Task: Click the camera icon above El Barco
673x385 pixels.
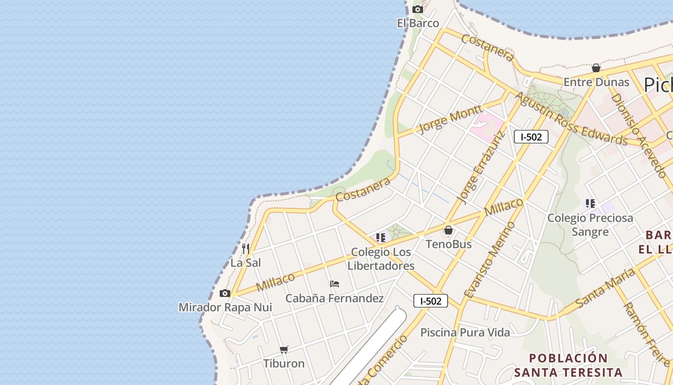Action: pos(417,9)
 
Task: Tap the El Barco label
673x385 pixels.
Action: pos(418,23)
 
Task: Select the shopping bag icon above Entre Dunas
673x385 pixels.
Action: pos(596,68)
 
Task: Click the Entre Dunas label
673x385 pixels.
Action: pos(596,82)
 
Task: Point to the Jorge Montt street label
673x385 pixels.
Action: pos(450,118)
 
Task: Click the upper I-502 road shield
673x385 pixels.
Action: pos(531,137)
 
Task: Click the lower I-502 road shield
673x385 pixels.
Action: pos(431,301)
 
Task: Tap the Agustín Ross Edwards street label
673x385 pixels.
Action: pos(571,119)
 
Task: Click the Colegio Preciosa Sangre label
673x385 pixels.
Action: pos(590,225)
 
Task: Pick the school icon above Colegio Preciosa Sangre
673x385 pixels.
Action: pos(590,204)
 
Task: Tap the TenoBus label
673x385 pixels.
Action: pos(449,244)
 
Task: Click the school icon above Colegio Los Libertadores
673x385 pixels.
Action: pos(381,237)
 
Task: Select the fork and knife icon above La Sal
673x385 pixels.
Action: pos(246,248)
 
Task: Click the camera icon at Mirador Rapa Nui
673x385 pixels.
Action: pos(224,293)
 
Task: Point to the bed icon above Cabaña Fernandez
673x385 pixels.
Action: pos(335,284)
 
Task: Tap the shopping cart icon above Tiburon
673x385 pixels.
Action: pos(284,349)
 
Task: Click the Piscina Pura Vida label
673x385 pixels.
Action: pos(465,332)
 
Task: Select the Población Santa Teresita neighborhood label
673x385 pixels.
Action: pos(568,365)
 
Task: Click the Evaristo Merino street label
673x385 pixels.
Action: pos(489,259)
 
